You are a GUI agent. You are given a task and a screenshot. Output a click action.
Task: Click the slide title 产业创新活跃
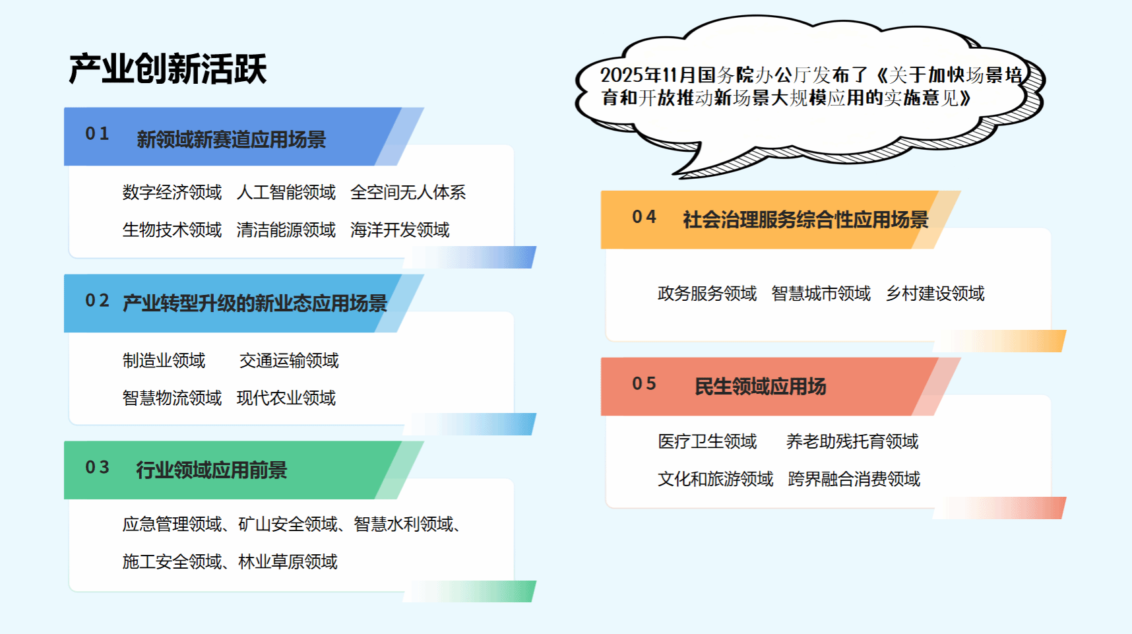pos(168,69)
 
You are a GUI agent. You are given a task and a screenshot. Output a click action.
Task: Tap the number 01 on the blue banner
pos(97,133)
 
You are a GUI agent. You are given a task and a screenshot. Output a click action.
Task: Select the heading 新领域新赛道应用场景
pos(232,140)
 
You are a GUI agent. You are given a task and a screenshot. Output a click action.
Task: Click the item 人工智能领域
pos(286,192)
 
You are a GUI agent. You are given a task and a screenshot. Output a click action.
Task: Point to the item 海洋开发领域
pos(400,230)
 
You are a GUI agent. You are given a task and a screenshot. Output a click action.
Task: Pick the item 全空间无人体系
pos(408,192)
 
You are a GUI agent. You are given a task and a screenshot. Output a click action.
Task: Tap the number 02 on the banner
pos(97,300)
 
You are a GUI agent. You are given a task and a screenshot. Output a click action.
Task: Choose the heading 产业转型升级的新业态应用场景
pos(255,303)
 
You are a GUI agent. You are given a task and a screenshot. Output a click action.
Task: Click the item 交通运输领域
pos(289,360)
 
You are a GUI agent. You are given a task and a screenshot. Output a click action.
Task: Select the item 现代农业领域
pos(286,398)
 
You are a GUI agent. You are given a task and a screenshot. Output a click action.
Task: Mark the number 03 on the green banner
pos(97,467)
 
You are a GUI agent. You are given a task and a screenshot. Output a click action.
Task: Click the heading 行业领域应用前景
pos(212,470)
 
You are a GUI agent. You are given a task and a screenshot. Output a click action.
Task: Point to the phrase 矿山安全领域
pos(288,524)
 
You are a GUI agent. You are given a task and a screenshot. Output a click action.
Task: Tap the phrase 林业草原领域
pos(288,561)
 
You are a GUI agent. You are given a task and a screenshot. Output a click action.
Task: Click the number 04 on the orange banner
pos(644,216)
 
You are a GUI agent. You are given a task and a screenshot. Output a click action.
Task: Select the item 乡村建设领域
pos(935,293)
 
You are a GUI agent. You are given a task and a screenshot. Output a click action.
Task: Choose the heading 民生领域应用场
pos(761,387)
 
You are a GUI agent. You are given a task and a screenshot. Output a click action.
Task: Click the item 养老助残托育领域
pos(852,441)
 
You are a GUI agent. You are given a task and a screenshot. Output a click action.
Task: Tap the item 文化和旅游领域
pos(716,479)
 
